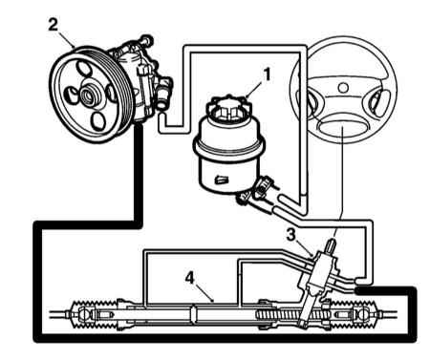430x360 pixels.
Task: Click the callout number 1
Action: pos(267,74)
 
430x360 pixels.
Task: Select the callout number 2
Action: pos(54,25)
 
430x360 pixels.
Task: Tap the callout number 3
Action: pos(290,235)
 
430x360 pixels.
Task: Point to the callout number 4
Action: pos(190,278)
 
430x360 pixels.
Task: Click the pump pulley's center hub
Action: pos(87,95)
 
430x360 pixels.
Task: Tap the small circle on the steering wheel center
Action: pos(343,87)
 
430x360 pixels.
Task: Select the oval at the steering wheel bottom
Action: pos(341,130)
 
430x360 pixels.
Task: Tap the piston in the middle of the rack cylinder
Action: pos(194,314)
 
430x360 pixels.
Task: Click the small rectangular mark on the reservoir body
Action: pos(222,180)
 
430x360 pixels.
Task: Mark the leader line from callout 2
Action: pos(66,39)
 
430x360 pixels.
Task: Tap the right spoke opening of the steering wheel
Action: pos(379,100)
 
